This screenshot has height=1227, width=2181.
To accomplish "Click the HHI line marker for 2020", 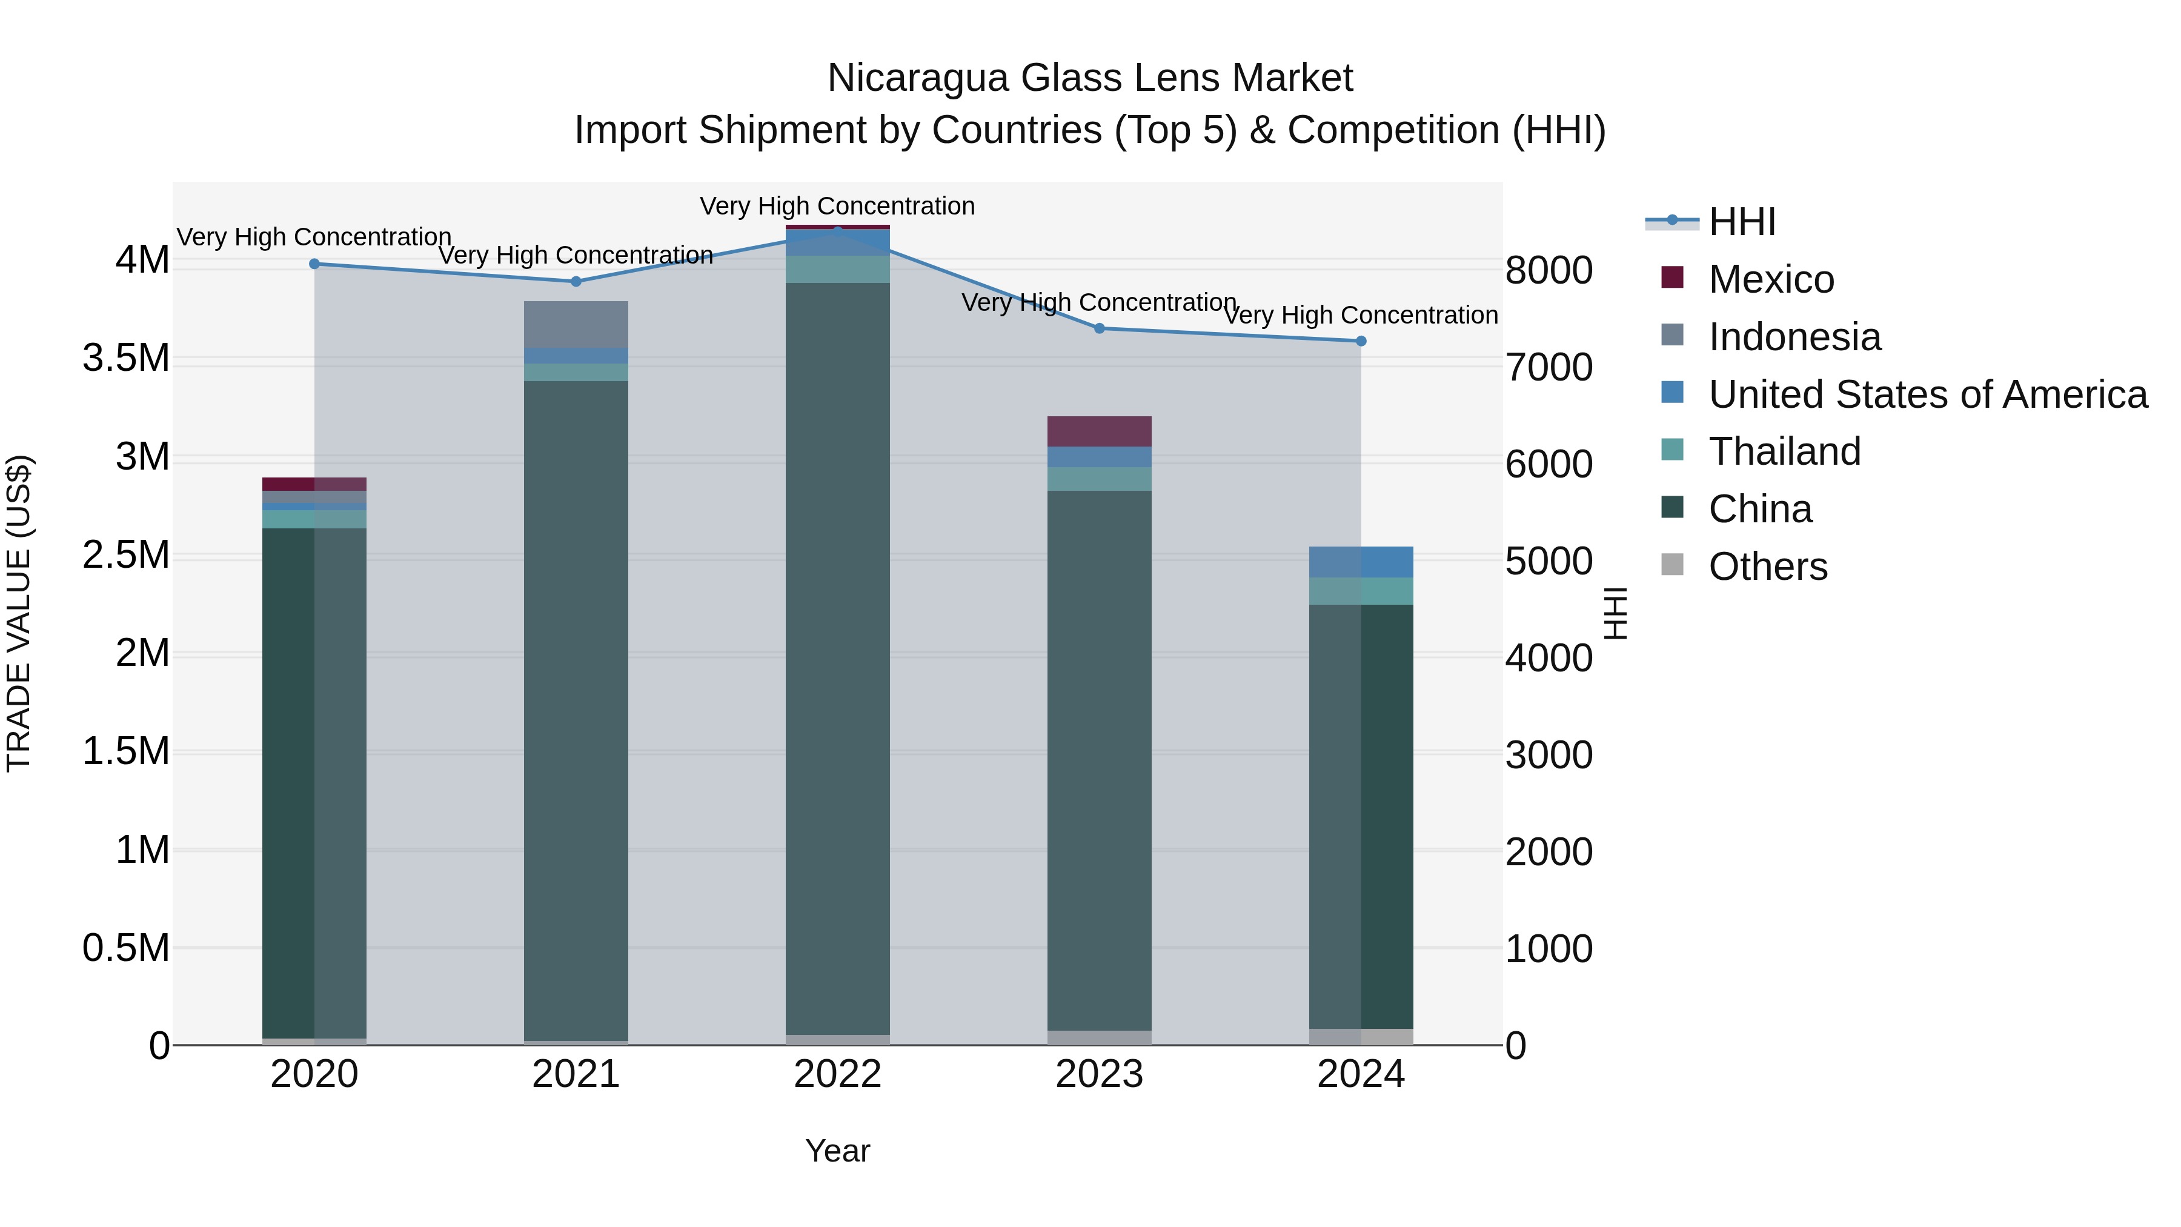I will [314, 264].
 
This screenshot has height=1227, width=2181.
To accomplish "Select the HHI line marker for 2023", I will [1099, 328].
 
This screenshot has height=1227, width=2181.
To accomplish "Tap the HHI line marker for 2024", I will [1361, 341].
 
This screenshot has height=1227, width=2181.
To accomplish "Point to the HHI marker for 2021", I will [576, 281].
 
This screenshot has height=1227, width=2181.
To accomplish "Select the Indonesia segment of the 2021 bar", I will [576, 324].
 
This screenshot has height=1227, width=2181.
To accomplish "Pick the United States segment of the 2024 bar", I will [1361, 562].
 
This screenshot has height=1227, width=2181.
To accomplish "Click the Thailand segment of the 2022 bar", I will [837, 269].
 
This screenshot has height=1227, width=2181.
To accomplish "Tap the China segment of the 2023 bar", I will [1099, 762].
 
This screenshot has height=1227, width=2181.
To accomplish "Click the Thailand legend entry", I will [1784, 451].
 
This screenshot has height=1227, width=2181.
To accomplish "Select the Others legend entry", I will [1767, 567].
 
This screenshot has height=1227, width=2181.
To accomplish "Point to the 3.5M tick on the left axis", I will [125, 358].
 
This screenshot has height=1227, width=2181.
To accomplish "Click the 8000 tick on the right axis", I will [1549, 271].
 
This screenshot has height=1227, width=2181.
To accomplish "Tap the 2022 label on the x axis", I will [837, 1074].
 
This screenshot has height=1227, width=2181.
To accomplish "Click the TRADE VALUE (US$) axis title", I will [19, 613].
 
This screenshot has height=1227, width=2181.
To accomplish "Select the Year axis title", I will [837, 1151].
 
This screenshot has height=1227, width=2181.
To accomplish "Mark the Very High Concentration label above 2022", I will [837, 206].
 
